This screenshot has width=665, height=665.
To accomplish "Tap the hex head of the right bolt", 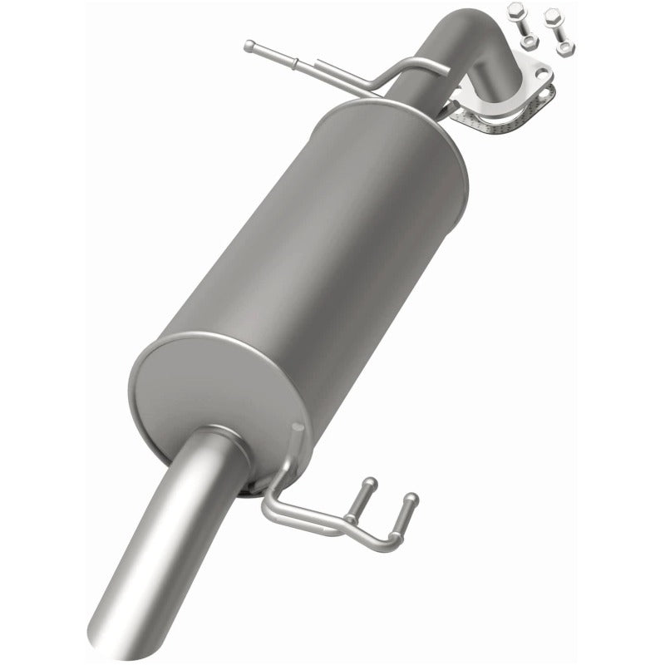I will point(553,15).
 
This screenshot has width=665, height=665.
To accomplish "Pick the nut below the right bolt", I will point(565,48).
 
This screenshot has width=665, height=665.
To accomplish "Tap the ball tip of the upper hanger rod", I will point(249,46).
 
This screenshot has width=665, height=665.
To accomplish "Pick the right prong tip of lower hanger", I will point(411,499).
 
